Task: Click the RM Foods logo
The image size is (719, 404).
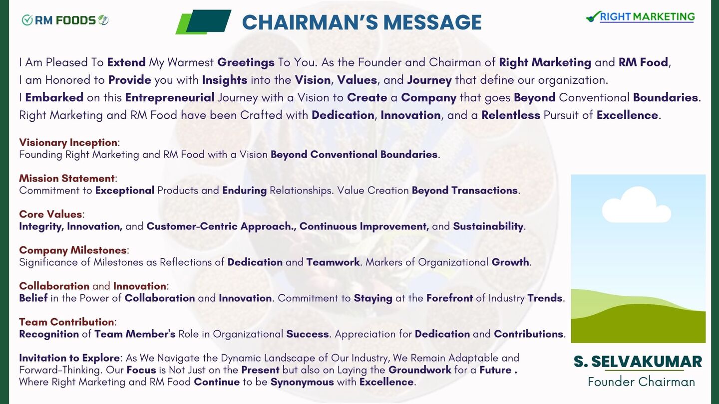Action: (65, 20)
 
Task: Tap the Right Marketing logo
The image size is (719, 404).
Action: (640, 16)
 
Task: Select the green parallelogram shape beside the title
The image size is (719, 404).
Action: (204, 22)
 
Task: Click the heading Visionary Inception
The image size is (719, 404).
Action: (68, 142)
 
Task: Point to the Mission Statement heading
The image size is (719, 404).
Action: (67, 178)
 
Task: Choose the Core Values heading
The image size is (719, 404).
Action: (51, 214)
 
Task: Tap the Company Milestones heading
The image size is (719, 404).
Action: (73, 250)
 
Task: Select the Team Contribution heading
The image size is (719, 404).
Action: (66, 322)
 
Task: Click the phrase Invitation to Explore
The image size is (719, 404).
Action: (69, 358)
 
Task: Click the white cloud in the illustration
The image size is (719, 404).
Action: (636, 205)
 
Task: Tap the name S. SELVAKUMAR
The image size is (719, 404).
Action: (638, 362)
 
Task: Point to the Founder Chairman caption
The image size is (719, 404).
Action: (641, 382)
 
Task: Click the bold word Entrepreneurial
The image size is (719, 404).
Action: (170, 97)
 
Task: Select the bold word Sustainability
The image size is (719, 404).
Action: (488, 226)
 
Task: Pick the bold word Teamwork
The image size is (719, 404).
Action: (333, 262)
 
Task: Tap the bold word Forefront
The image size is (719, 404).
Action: (449, 298)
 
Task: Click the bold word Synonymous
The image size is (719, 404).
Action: (302, 382)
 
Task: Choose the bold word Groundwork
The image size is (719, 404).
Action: (420, 370)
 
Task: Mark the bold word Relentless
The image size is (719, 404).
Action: (511, 115)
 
